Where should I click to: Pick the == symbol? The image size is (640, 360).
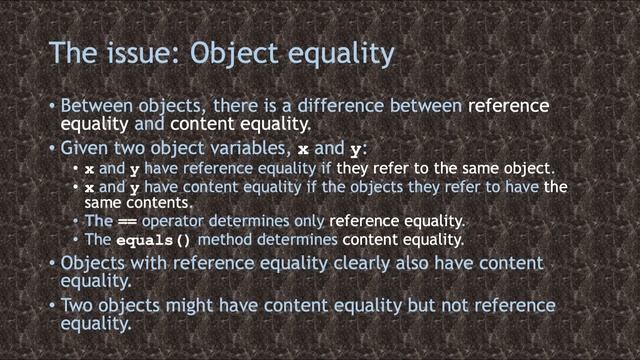point(127,221)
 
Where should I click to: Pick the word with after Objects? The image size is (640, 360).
point(155,264)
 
